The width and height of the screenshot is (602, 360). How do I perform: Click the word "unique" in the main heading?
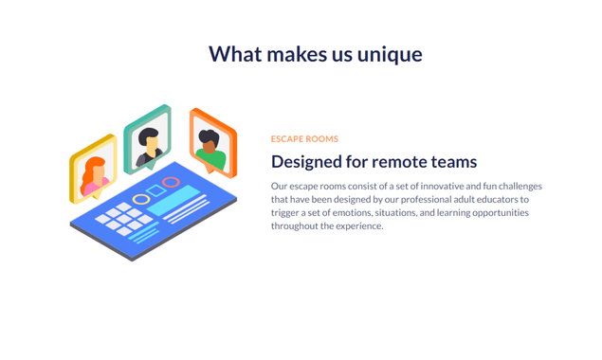coord(390,54)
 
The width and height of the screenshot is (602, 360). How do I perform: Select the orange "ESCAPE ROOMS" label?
coord(304,139)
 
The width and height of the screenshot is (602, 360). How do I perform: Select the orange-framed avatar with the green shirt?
coord(210,143)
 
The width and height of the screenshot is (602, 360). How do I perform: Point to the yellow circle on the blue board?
coord(140,199)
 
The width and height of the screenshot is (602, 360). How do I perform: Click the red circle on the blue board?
coord(171,182)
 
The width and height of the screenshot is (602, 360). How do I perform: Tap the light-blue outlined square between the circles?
coord(156,190)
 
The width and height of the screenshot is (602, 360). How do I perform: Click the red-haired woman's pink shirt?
coord(92,186)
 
